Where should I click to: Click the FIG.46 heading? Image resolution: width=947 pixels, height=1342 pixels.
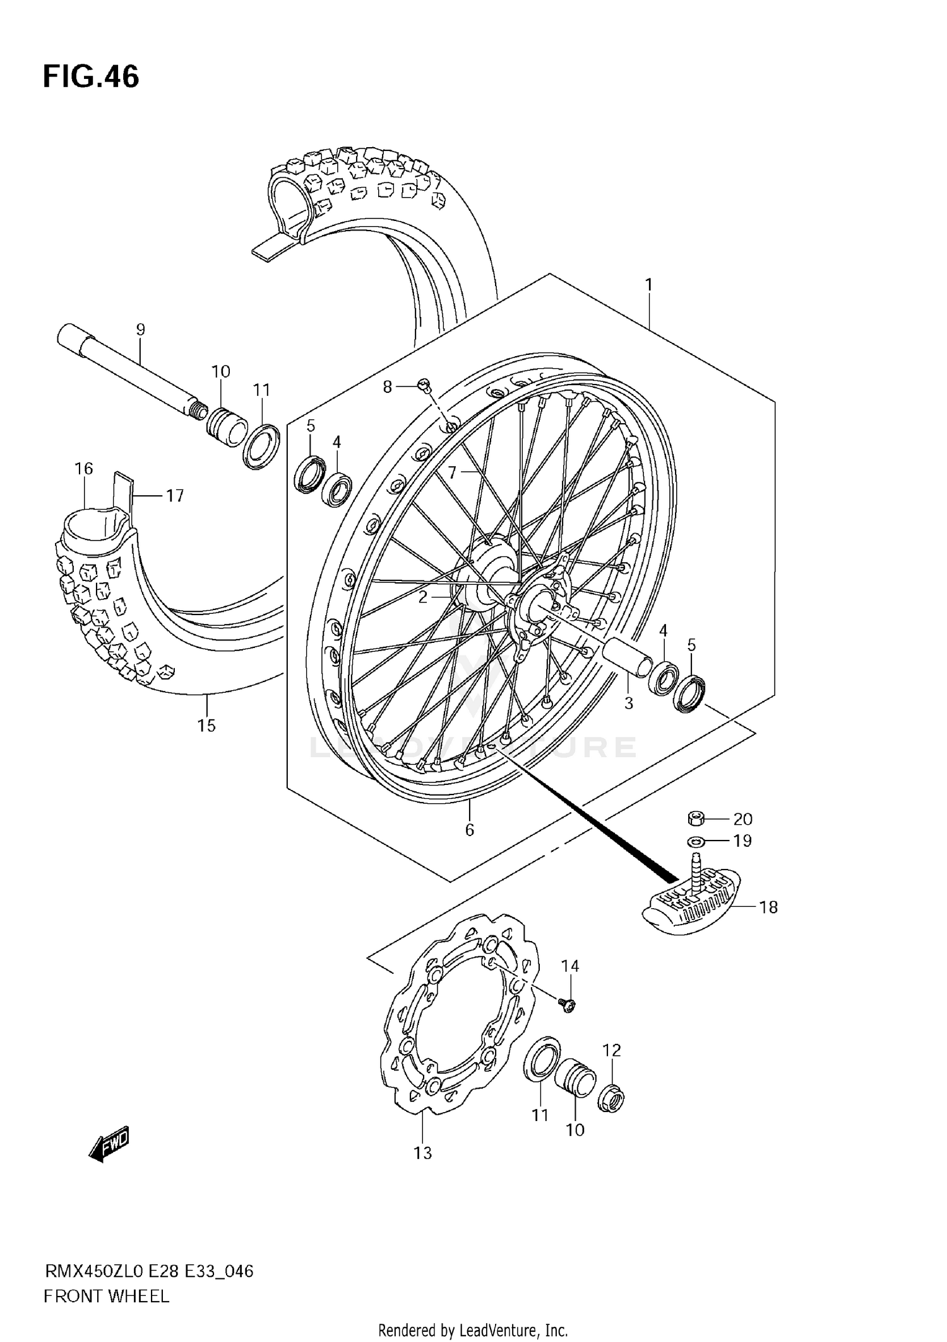point(91,77)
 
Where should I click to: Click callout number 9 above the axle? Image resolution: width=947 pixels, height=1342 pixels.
point(140,329)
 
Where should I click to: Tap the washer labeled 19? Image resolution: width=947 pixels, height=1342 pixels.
point(696,841)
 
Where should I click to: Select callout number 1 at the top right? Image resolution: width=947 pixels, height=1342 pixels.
point(648,285)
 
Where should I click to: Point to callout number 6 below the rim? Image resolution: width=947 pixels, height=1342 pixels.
point(469,830)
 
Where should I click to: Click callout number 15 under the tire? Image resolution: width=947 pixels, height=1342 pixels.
point(206,726)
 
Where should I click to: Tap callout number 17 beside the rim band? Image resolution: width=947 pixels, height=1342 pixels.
point(175,496)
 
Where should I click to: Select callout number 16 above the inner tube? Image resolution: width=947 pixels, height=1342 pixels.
point(83,469)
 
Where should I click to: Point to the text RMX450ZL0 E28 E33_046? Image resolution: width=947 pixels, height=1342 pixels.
point(149,1271)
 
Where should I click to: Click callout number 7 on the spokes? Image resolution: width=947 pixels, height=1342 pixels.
point(452,472)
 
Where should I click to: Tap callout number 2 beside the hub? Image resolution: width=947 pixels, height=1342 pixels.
point(423,596)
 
